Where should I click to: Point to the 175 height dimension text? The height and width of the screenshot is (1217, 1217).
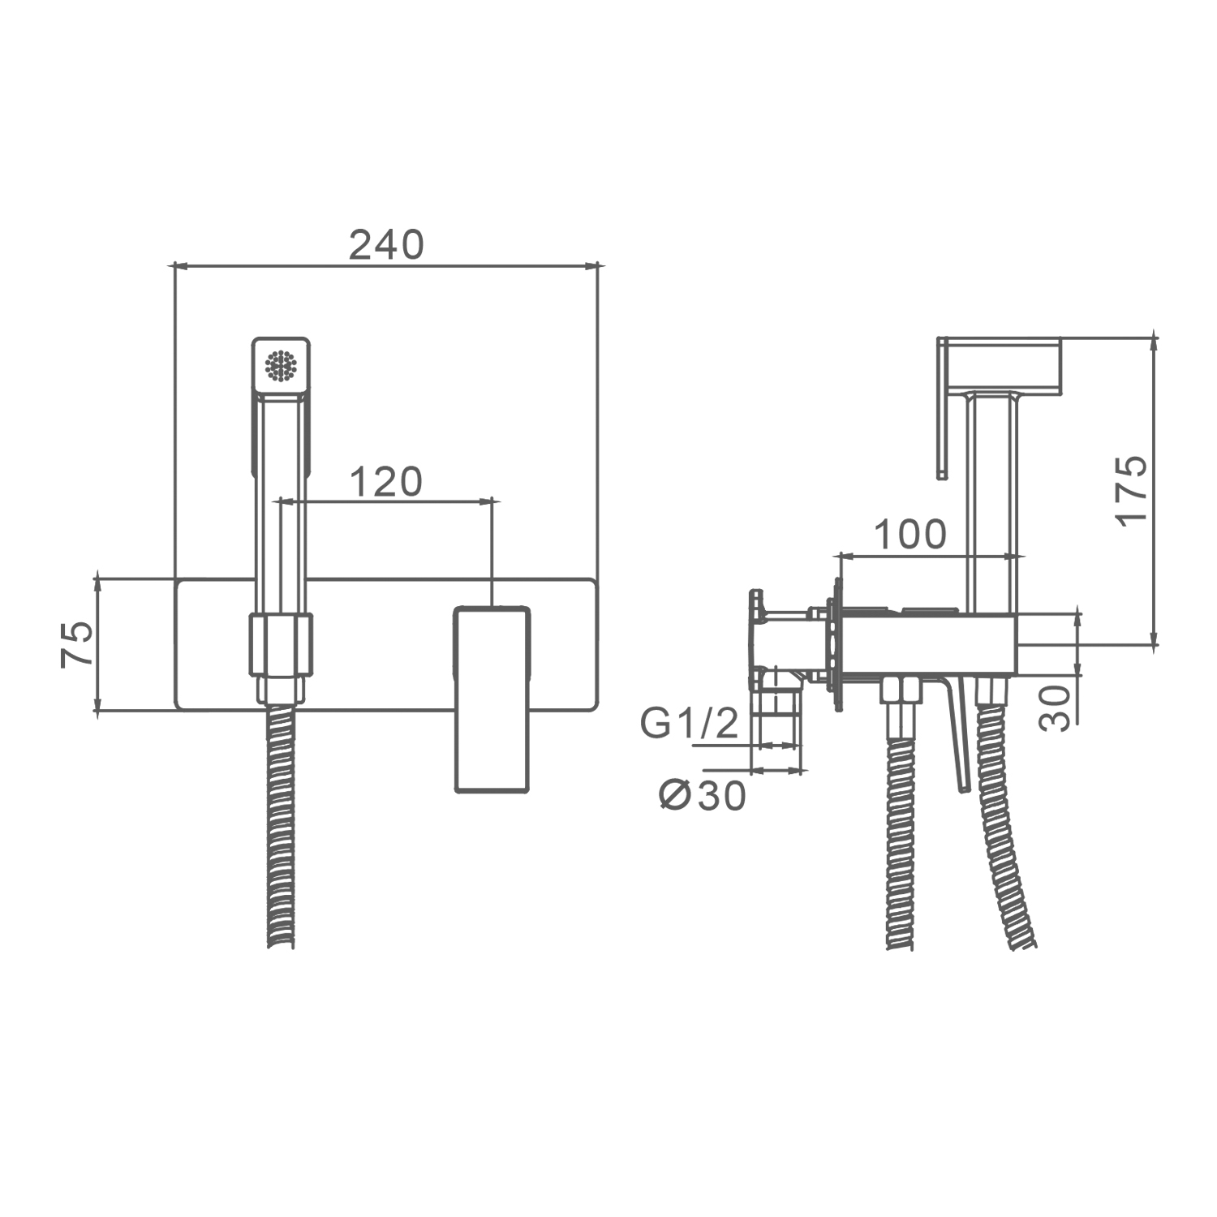pos(1132,489)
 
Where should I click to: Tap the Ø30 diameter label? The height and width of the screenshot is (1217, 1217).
pos(702,797)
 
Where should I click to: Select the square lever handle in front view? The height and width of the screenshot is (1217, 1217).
pos(492,699)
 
